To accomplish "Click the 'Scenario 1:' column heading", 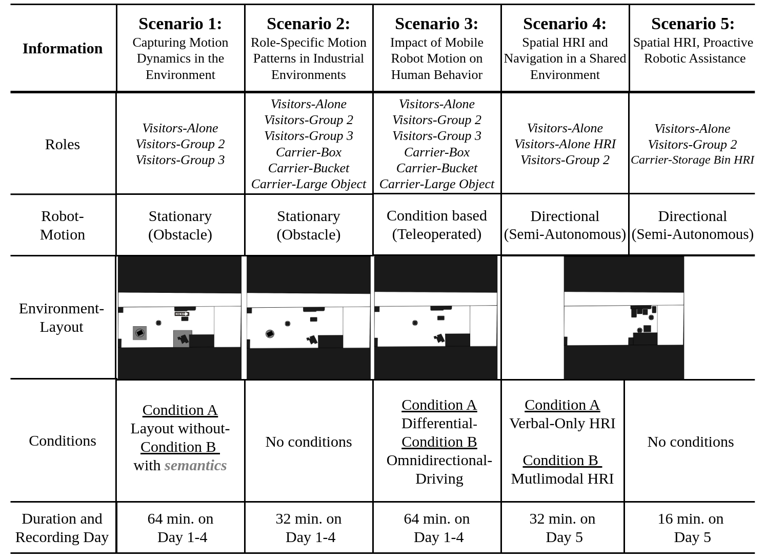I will [x=180, y=24].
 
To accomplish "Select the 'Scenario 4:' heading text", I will [x=565, y=24].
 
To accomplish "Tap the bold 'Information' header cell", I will [x=63, y=48].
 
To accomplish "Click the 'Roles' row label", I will [x=63, y=145].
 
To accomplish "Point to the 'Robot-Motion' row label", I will [x=63, y=225].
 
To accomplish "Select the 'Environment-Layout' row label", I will [x=62, y=317].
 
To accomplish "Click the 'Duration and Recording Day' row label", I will [x=62, y=528].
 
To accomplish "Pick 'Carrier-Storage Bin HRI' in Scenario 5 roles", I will [x=692, y=160].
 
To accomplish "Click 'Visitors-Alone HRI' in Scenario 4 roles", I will [x=565, y=144].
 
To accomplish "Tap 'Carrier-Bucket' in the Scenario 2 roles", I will [x=308, y=168].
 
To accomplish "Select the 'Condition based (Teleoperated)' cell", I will [x=437, y=225].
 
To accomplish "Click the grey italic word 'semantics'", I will [x=195, y=466].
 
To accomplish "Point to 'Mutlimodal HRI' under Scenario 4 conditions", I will [x=562, y=478].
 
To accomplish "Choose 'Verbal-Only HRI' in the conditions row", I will [x=562, y=423].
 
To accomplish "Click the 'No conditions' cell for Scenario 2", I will [x=309, y=442].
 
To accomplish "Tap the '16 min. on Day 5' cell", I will [x=691, y=528].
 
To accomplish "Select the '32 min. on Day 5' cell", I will [x=562, y=528].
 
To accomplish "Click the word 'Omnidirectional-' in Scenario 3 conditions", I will [x=439, y=461].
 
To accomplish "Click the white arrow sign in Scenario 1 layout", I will [x=182, y=314].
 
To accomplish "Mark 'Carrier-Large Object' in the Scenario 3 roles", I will [x=437, y=184].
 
